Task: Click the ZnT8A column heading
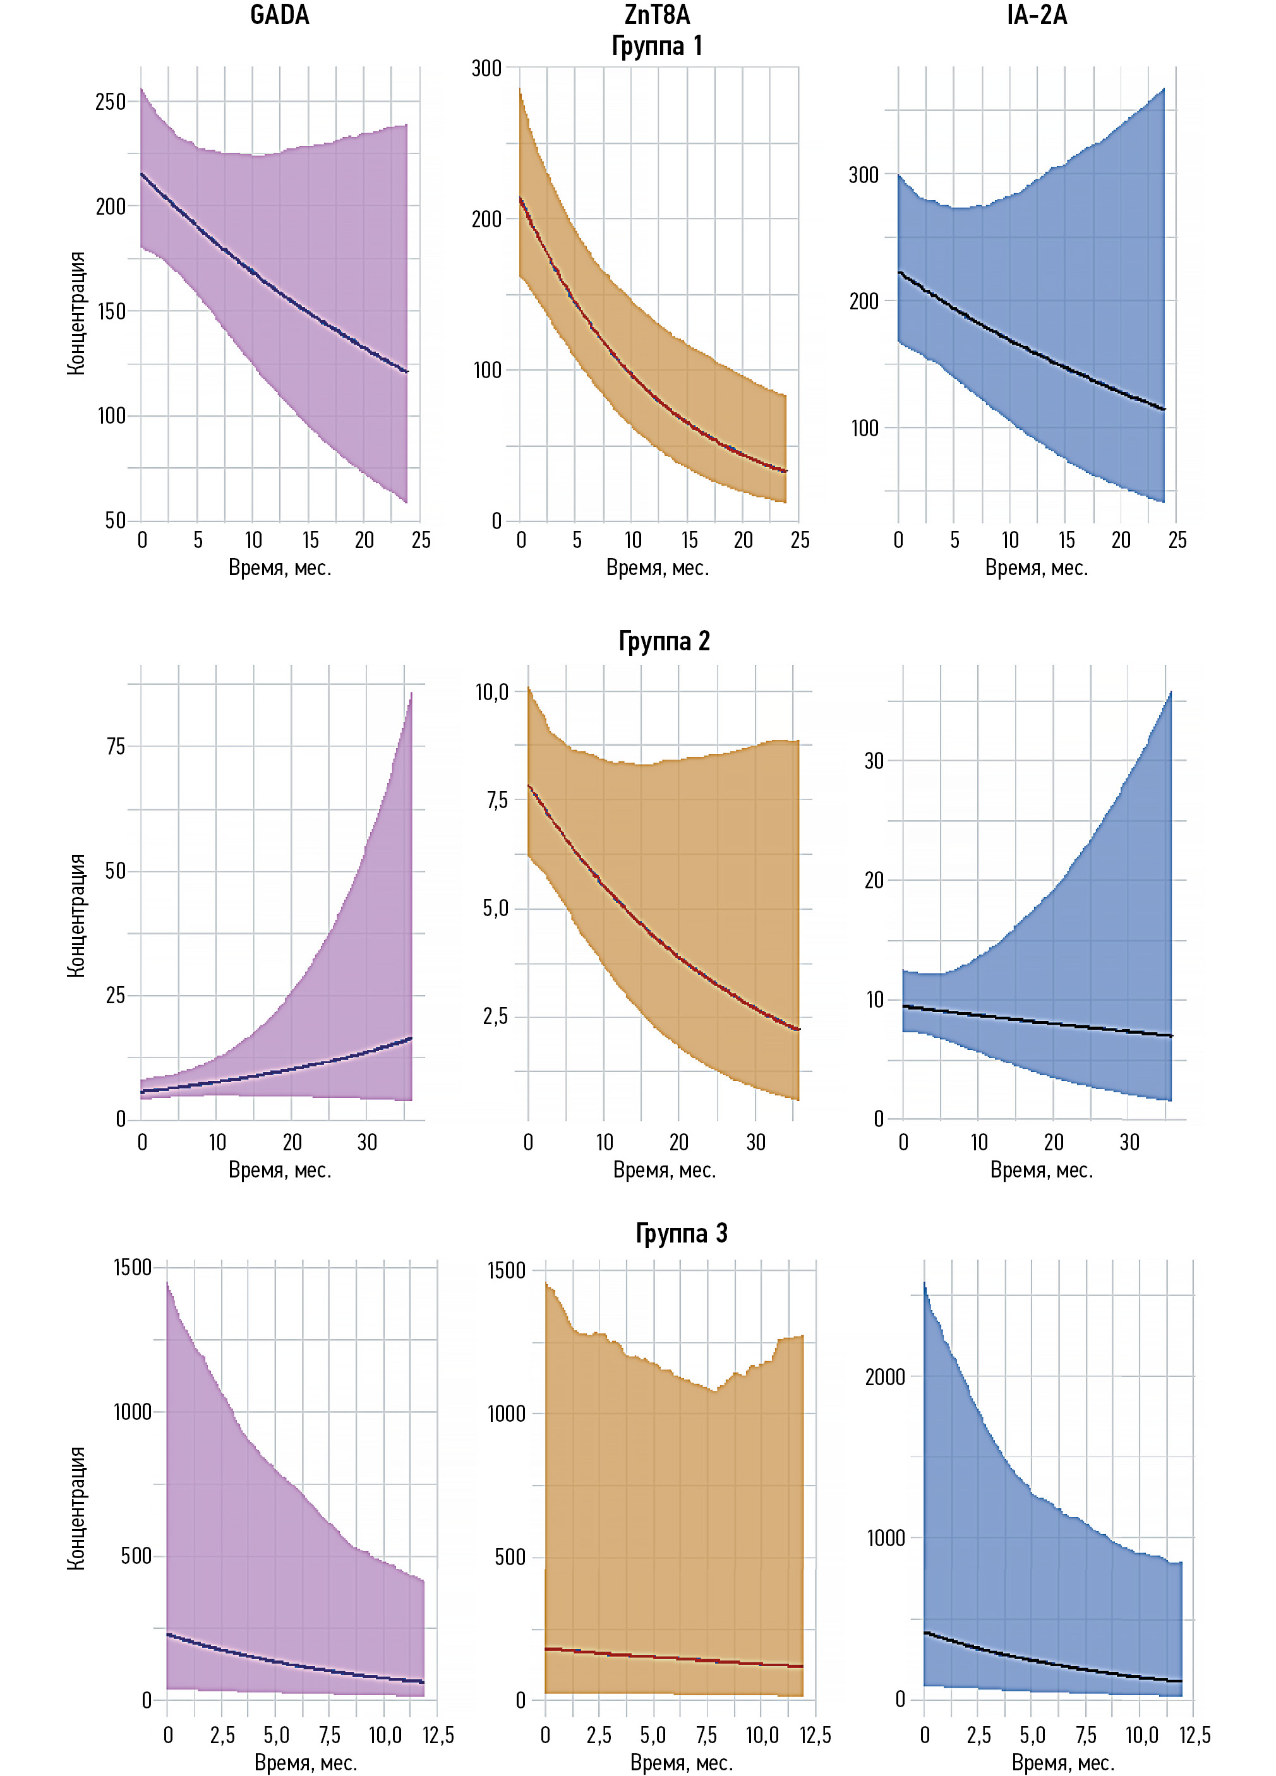coord(657,16)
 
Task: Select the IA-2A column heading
coord(1037,16)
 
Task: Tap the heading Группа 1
coord(657,46)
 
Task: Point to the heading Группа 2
coord(665,641)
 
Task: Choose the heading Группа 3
coord(681,1233)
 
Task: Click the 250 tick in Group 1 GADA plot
coord(111,102)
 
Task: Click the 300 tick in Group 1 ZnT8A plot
coord(486,68)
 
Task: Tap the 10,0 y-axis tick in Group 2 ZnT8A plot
coord(492,692)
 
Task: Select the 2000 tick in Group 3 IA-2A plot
coord(884,1376)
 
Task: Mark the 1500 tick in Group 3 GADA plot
coord(133,1268)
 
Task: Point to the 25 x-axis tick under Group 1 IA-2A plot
coord(1177,540)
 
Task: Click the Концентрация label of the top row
coord(76,313)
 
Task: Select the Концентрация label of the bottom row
coord(76,1508)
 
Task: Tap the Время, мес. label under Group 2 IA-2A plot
coord(1041,1170)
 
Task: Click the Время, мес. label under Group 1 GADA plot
coord(280,568)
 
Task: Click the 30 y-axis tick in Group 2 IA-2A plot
coord(874,760)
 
